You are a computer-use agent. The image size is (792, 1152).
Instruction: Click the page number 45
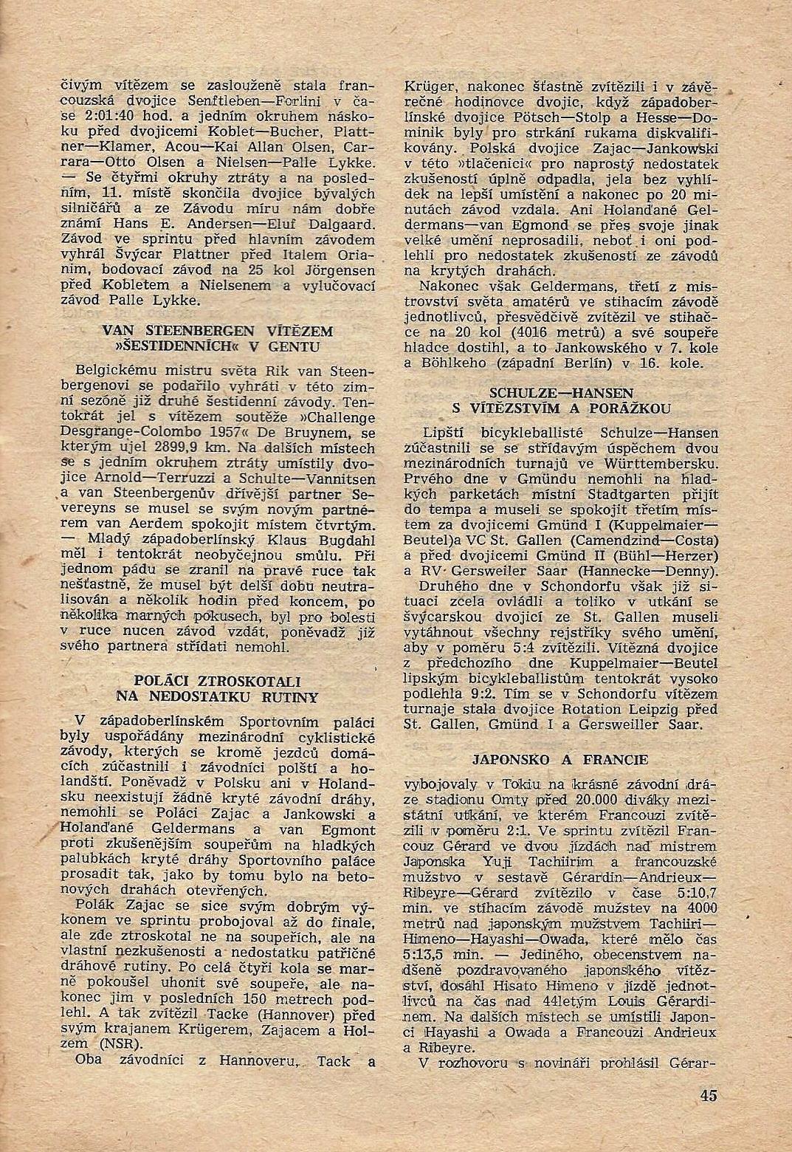click(709, 1095)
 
